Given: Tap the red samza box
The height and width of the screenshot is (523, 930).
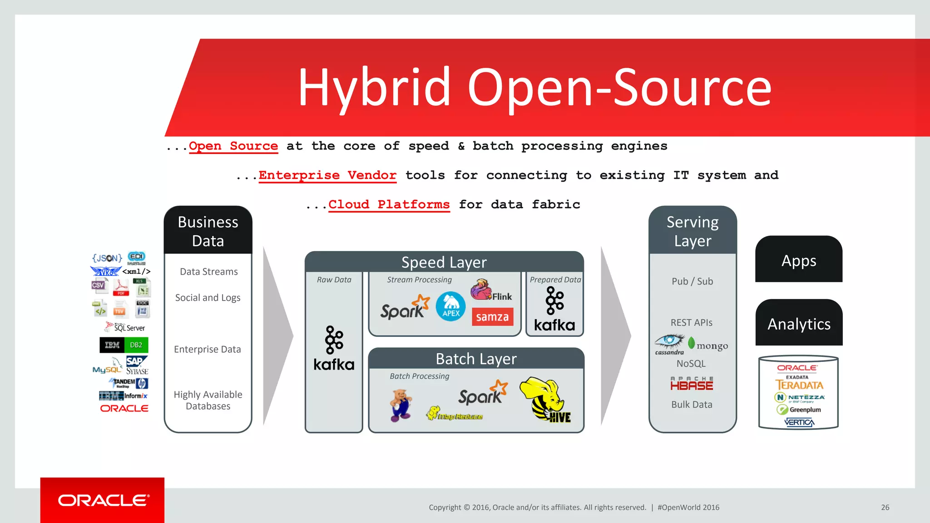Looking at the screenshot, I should pos(492,317).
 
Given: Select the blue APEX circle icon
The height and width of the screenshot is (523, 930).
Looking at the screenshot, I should pos(450,306).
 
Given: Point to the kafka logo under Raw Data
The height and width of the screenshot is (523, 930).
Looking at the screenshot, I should pos(334,349).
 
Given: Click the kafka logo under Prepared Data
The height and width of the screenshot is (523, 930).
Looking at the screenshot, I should pos(554,310).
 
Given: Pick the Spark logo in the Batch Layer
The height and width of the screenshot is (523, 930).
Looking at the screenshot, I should pos(483,393).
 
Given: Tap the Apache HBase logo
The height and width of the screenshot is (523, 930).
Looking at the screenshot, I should pos(692,384).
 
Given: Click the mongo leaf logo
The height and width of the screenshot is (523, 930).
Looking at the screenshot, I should pos(692,344).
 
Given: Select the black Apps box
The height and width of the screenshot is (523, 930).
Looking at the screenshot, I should pos(798,260).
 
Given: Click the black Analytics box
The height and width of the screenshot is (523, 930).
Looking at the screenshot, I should pos(798,323).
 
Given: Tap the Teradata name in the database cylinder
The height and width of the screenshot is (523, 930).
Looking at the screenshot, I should pos(799,385).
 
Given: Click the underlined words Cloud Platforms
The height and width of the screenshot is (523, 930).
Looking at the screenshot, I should pos(389,205).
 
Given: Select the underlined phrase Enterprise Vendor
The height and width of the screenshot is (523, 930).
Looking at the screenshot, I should pos(327,175).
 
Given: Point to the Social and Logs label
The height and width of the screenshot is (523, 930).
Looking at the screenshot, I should pos(208,298).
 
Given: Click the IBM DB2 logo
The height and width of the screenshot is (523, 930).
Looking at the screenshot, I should pos(124,345).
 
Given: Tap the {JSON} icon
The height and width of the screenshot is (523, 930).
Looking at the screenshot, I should pos(107,258).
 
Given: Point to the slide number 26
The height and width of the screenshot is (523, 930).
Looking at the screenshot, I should pos(885,508).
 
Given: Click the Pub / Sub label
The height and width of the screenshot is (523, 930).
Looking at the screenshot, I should pos(692,281).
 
